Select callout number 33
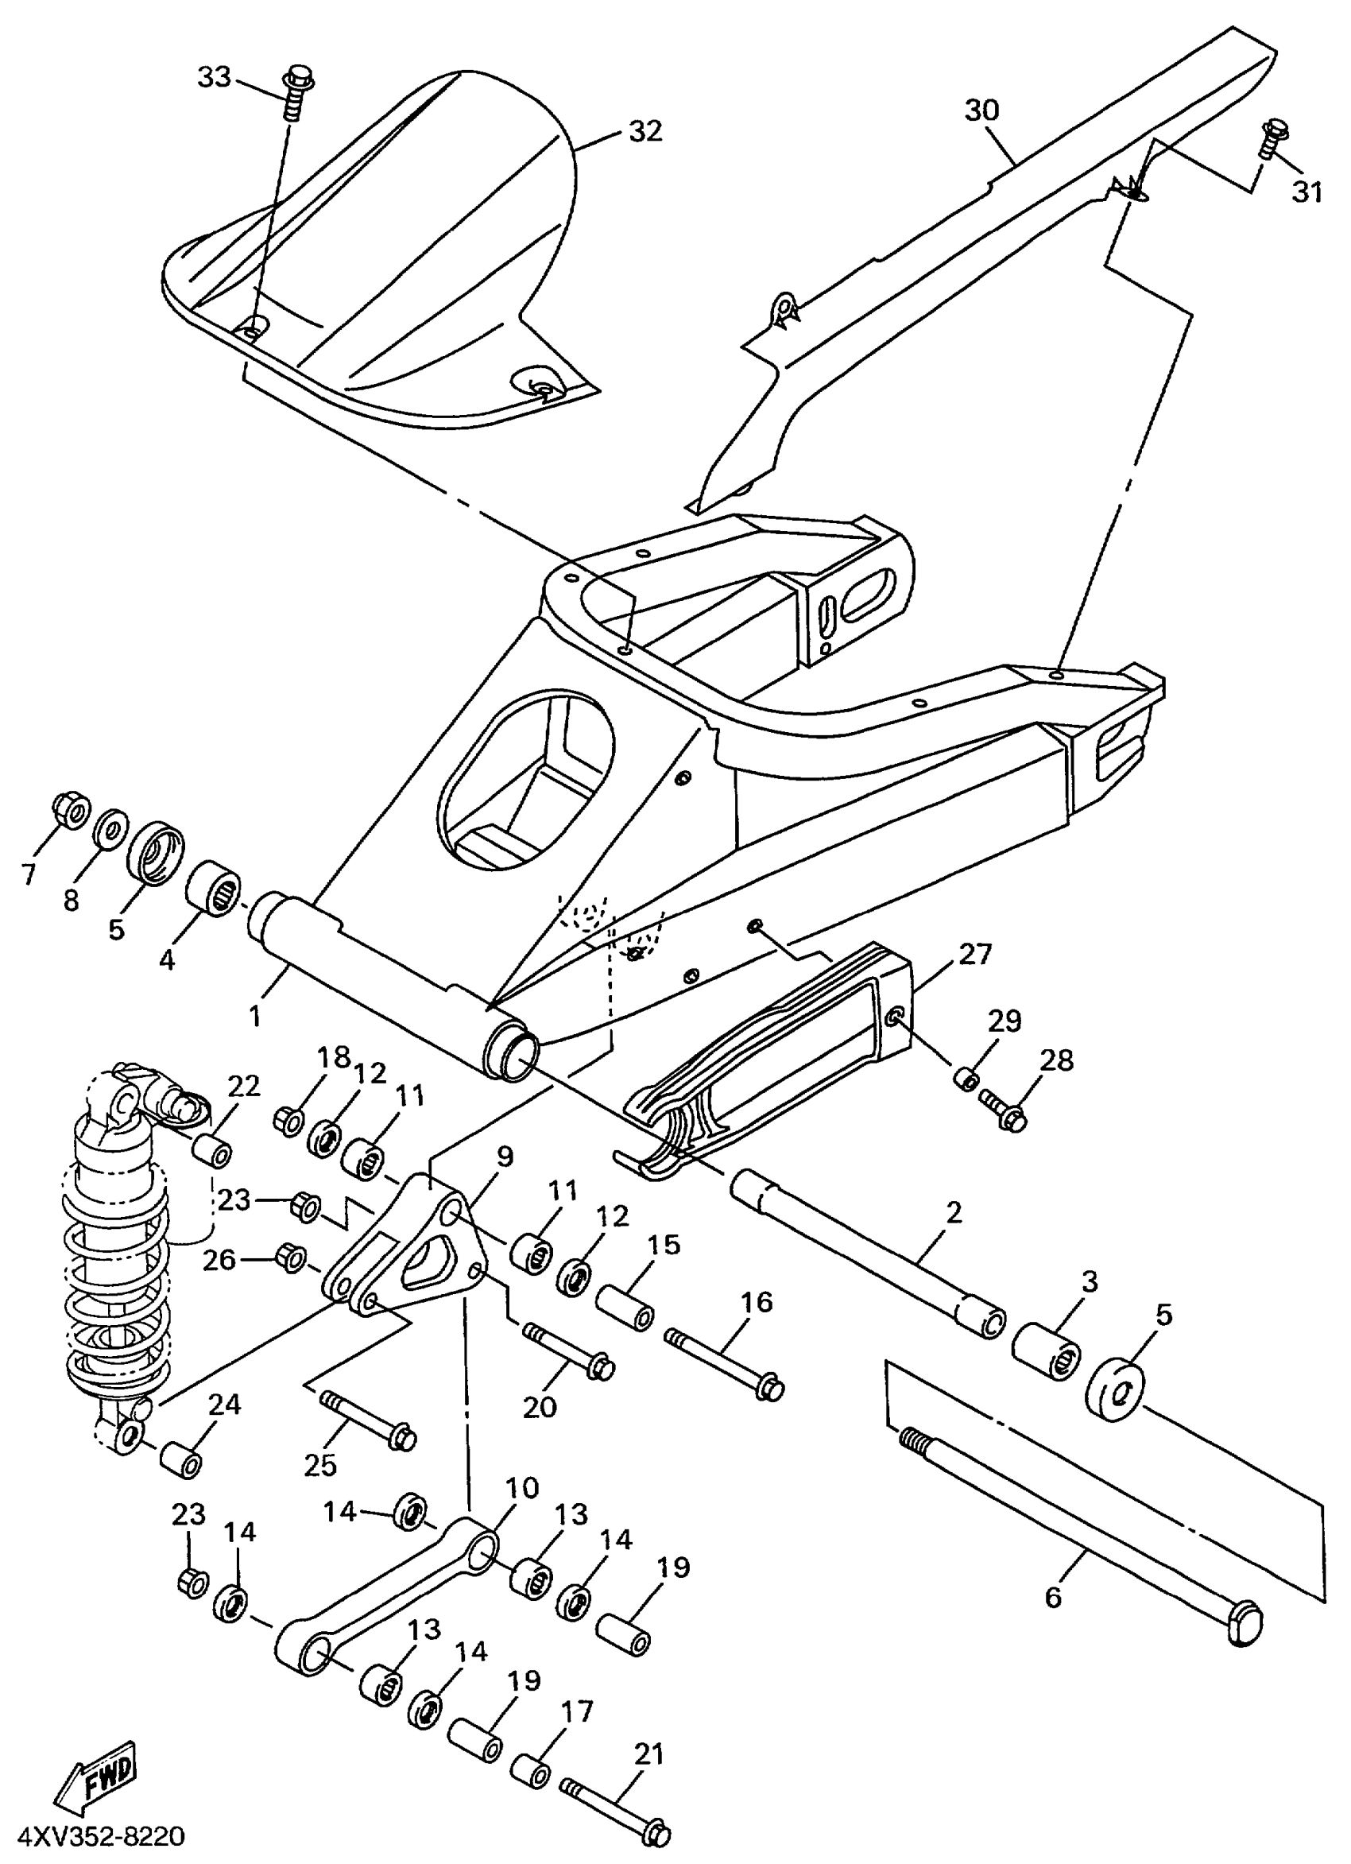pyautogui.click(x=215, y=77)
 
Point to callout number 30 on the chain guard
pyautogui.click(x=981, y=110)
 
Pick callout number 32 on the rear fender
pyautogui.click(x=645, y=130)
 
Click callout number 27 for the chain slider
pyautogui.click(x=974, y=953)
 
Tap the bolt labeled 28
pyautogui.click(x=1004, y=1110)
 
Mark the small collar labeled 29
pyautogui.click(x=967, y=1078)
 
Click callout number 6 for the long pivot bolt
pyautogui.click(x=1053, y=1597)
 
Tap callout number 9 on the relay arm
pyautogui.click(x=504, y=1157)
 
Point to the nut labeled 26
pyautogui.click(x=292, y=1259)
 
